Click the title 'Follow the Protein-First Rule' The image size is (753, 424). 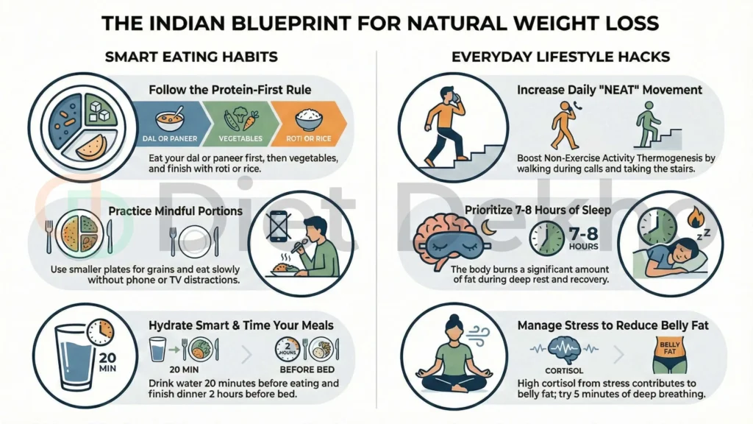click(x=230, y=91)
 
